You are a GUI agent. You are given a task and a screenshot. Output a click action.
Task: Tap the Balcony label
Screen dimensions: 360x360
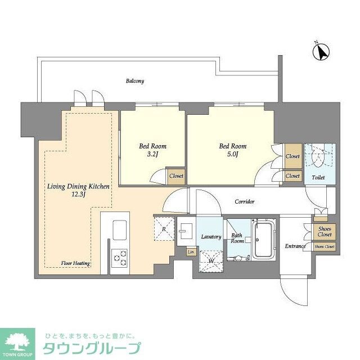[134, 81]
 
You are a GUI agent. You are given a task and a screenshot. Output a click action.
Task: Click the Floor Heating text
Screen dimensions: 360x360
[76, 263]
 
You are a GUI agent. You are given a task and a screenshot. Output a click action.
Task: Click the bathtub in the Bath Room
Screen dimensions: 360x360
[263, 240]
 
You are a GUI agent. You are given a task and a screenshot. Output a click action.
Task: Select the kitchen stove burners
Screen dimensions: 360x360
[119, 256]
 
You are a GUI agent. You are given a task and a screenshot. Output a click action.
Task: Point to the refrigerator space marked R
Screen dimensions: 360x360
[163, 228]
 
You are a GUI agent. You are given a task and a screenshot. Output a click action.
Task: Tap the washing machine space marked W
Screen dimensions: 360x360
[210, 260]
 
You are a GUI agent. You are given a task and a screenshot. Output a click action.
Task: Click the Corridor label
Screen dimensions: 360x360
[245, 201]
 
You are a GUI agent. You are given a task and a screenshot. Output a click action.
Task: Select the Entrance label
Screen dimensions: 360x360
[295, 246]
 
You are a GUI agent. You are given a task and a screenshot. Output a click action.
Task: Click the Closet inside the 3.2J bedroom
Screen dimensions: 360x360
[176, 176]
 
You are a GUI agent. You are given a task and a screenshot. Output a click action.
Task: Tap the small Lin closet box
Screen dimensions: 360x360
[191, 251]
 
